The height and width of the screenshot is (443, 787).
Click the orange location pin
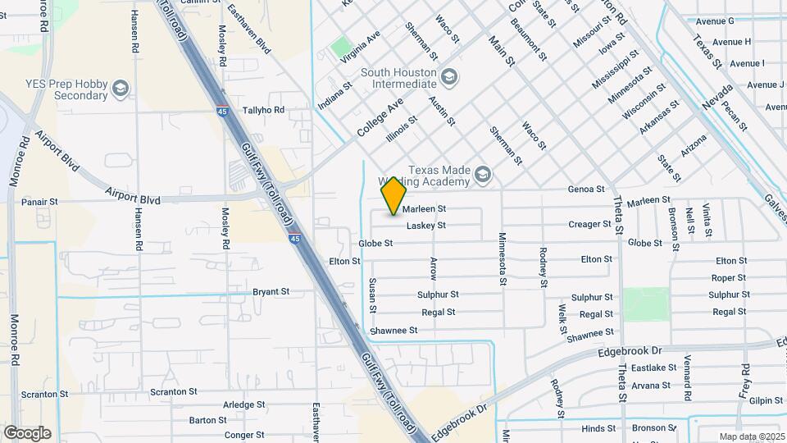(x=393, y=196)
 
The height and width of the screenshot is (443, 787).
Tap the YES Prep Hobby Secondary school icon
(x=121, y=88)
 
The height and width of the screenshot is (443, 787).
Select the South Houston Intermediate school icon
(x=448, y=76)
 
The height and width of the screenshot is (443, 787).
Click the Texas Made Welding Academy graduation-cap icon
(x=482, y=174)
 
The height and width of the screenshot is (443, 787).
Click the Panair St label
(x=39, y=201)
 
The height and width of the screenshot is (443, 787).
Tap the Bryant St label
(x=271, y=291)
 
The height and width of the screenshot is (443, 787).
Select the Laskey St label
(x=448, y=225)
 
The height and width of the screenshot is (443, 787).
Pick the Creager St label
(x=590, y=224)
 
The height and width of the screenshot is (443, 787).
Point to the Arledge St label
(x=244, y=404)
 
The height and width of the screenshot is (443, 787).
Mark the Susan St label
(x=372, y=295)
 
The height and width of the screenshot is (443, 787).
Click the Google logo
(x=27, y=433)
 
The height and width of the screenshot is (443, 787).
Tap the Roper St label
(x=728, y=277)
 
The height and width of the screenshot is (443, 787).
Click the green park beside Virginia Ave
(x=341, y=48)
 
